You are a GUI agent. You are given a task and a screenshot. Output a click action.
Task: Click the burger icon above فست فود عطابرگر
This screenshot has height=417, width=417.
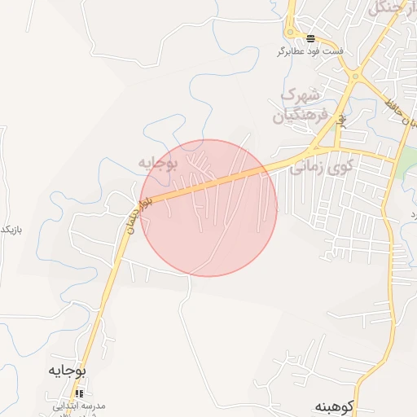pyautogui.click(x=310, y=38)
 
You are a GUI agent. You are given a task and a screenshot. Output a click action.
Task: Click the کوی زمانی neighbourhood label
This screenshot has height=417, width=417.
pyautogui.click(x=323, y=167)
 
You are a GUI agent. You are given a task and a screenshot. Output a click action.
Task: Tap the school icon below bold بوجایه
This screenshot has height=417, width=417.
pyautogui.click(x=79, y=393)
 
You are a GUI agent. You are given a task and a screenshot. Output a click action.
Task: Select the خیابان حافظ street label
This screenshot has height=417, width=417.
pyautogui.click(x=399, y=114)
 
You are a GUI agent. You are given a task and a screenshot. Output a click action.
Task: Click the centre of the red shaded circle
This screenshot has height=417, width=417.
pyautogui.click(x=208, y=208)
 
